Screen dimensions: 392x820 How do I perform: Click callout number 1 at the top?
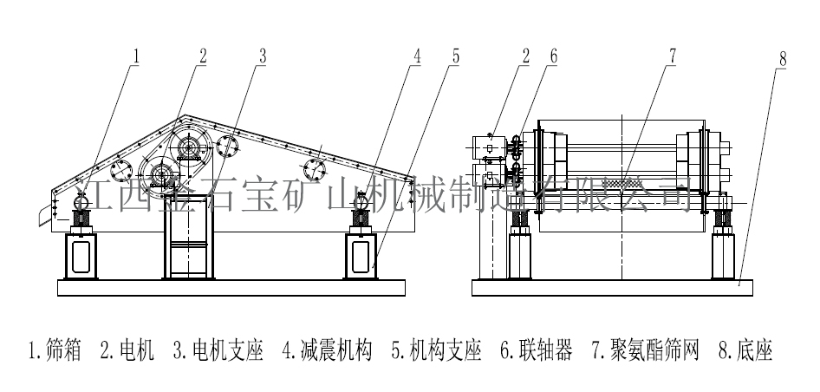point(136,57)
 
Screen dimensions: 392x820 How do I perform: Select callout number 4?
point(417,57)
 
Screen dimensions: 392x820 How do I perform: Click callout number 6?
point(552,57)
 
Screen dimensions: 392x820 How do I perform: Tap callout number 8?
point(782,61)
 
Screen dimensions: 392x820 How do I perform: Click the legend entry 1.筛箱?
point(55,351)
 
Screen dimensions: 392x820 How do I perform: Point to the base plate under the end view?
point(614,287)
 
